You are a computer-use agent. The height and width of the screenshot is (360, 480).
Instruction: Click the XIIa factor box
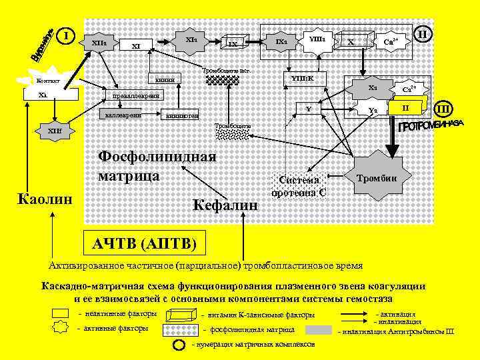[x=99, y=43]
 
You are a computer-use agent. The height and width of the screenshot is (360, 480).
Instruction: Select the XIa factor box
[x=191, y=40]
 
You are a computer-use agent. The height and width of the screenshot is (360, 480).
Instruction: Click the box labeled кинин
[x=164, y=79]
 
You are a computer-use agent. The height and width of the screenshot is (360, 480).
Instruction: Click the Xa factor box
[x=373, y=89]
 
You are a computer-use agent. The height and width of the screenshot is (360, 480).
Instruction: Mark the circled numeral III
[x=442, y=108]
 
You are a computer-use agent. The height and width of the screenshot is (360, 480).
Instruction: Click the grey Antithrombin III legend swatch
[x=319, y=329]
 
